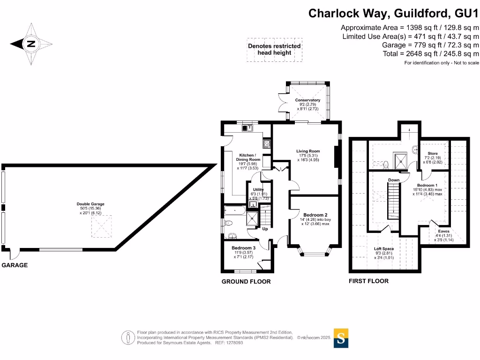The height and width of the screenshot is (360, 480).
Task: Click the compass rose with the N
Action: (31, 45)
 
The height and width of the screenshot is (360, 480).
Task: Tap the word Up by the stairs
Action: (265, 229)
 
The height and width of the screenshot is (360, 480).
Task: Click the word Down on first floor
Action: (394, 180)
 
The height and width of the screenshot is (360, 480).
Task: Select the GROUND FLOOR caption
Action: (246, 282)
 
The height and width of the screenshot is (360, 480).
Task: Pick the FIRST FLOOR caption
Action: (368, 281)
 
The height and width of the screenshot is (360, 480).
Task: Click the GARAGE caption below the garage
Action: (15, 265)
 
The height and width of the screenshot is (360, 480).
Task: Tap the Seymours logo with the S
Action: (341, 337)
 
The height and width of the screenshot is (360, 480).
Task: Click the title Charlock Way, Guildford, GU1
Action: (393, 13)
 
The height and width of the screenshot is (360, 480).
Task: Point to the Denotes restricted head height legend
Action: (274, 49)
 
